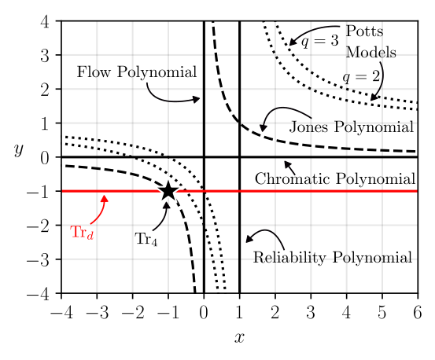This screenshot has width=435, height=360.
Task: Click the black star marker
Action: [168, 192]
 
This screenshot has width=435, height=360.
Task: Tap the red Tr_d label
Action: [82, 233]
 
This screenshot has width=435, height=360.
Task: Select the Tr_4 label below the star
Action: [146, 239]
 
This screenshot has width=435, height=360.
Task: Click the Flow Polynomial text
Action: [136, 72]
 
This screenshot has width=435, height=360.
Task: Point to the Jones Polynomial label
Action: [352, 127]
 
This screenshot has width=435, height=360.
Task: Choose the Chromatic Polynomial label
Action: [334, 178]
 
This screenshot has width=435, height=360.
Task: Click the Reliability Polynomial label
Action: [332, 257]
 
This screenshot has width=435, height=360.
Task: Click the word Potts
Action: [364, 31]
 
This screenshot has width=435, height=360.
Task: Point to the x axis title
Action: [239, 338]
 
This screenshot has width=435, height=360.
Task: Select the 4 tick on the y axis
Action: [46, 22]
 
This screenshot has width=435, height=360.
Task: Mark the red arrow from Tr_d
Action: [99, 211]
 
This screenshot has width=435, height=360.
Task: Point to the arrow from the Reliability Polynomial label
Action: [264, 235]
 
